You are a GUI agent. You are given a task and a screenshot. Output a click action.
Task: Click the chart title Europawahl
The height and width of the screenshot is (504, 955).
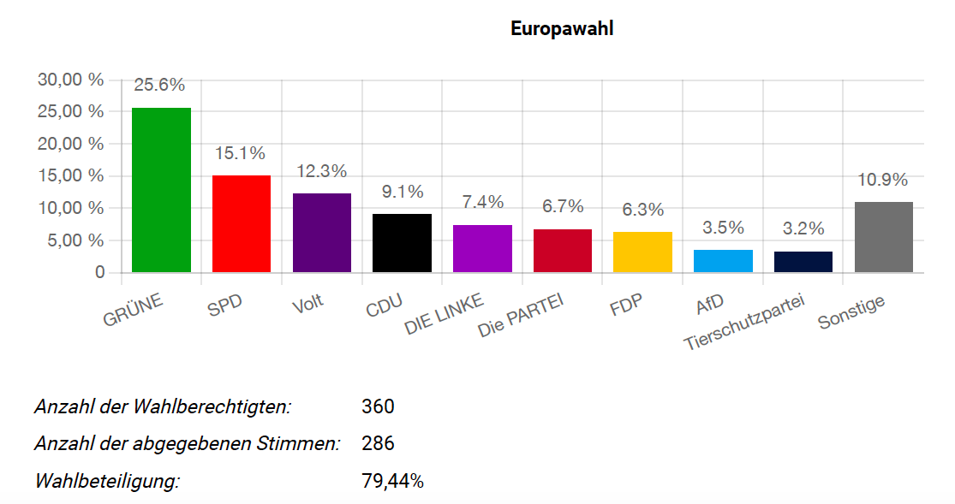pos(562,28)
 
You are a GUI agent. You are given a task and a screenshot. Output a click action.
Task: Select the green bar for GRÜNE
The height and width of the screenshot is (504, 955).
pos(161,190)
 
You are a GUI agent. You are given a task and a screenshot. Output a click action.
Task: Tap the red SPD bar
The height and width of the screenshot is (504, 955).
pos(242,224)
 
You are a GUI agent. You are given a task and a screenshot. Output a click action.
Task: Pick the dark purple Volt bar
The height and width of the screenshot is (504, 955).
pos(322,233)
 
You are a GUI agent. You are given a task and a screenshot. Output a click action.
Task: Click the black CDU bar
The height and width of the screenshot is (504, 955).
pos(402,243)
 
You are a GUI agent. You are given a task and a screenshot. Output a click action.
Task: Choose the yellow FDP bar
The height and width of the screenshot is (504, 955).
pos(642,252)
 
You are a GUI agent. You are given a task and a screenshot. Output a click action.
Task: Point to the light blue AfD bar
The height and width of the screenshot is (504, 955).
pos(723,261)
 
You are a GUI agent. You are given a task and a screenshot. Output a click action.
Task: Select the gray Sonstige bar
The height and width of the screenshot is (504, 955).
pos(884,237)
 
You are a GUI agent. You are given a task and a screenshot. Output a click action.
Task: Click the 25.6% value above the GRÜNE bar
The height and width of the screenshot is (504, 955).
pos(159,85)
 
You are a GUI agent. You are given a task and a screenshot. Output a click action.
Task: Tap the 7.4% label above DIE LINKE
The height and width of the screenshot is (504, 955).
pos(482,202)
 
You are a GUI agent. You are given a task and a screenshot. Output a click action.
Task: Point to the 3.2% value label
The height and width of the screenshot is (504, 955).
pos(803,228)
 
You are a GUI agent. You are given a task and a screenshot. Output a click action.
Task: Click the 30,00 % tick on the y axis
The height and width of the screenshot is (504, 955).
pos(70,80)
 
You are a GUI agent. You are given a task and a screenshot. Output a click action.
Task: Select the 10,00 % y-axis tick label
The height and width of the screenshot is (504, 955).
pos(70,208)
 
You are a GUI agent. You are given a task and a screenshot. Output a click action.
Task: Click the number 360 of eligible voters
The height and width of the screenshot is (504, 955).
pos(378,406)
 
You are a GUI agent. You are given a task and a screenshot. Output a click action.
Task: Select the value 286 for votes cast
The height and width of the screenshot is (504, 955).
pos(378,444)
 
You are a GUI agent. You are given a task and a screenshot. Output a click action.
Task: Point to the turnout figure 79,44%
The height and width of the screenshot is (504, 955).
pos(393,481)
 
